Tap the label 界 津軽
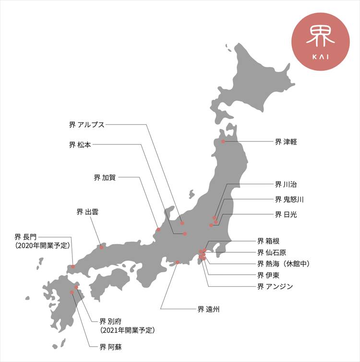pos(286,141)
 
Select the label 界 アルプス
pos(87,125)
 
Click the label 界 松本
pos(80,144)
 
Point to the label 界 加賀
pos(104,177)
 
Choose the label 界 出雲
pos(87,211)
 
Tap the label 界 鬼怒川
pos(289,199)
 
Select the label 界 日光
pos(286,214)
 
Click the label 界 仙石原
pos(272,252)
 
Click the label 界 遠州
pos(208,309)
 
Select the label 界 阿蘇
pos(110,346)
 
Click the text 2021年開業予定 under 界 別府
pos(127,330)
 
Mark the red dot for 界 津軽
pos(223,141)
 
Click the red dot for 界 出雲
pos(101,247)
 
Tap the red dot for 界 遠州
pos(178,262)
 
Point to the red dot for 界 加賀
pos(158,230)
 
